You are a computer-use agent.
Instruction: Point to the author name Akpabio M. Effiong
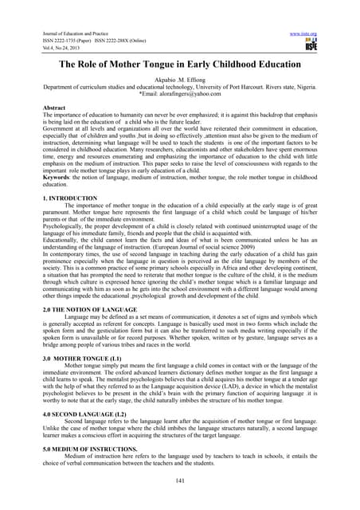coord(179,82)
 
